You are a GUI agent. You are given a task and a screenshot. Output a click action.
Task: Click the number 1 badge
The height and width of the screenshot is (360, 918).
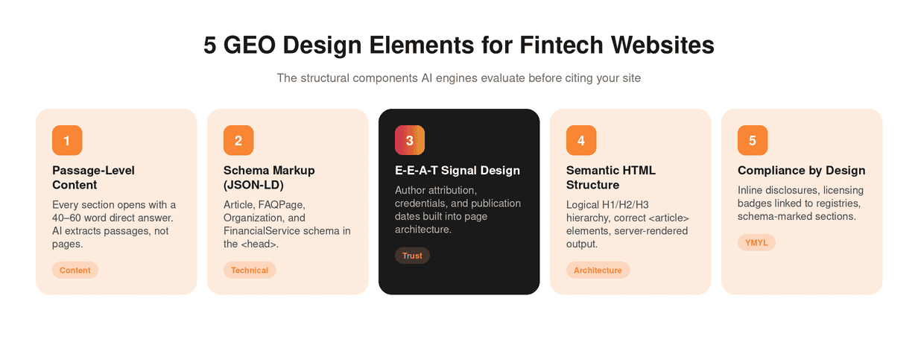(x=67, y=140)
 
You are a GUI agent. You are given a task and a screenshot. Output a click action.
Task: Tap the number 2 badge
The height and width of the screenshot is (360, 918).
(x=238, y=140)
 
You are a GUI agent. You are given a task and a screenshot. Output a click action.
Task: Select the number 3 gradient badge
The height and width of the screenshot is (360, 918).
(x=409, y=140)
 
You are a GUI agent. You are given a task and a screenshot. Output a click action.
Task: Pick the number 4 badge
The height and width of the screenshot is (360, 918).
(x=581, y=140)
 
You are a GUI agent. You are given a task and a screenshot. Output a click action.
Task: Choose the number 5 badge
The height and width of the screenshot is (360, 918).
(x=753, y=140)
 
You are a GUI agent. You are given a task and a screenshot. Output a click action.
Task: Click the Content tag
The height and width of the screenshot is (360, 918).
(x=75, y=271)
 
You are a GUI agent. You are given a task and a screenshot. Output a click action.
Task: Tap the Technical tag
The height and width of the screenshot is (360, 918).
(x=250, y=271)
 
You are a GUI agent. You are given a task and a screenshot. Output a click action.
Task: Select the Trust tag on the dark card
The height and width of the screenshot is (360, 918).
(x=412, y=256)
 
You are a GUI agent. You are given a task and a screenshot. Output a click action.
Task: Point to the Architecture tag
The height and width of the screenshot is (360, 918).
(x=598, y=271)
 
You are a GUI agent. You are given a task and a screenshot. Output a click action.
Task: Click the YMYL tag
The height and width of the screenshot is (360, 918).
(x=756, y=242)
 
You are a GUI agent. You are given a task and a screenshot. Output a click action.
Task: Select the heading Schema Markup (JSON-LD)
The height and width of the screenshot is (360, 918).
(x=269, y=177)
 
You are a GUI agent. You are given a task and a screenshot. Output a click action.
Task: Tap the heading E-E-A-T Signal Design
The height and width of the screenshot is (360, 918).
(x=458, y=171)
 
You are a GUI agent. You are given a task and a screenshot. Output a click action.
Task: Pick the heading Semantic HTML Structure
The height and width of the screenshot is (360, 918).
(x=611, y=177)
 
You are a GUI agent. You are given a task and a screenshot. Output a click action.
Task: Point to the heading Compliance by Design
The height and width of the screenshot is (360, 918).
(x=802, y=171)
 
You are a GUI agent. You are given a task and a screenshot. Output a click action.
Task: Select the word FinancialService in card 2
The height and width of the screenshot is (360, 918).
(x=262, y=231)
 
